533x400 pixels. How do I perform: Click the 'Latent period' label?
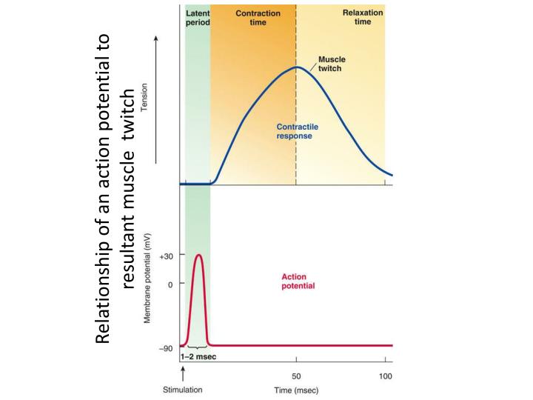click(198, 18)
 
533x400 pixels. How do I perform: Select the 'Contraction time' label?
click(258, 18)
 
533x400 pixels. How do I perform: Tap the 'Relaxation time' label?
click(363, 17)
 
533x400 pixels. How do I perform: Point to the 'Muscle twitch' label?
click(332, 64)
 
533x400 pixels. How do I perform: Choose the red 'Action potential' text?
click(298, 281)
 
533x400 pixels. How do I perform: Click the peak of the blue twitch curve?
click(297, 67)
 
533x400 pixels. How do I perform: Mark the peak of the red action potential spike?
click(199, 255)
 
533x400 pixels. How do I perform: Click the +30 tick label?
click(167, 256)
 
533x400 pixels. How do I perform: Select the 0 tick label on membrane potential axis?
click(170, 284)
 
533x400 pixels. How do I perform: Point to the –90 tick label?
click(166, 349)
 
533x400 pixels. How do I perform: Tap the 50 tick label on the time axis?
click(296, 376)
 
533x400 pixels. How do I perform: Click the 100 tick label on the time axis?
click(385, 376)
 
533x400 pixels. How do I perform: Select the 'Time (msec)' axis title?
click(296, 390)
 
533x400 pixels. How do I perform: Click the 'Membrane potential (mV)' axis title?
click(147, 279)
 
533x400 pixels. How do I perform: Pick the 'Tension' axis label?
click(144, 97)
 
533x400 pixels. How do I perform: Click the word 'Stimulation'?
click(183, 390)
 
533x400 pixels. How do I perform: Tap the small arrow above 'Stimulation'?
click(184, 373)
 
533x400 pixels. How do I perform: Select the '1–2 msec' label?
click(198, 357)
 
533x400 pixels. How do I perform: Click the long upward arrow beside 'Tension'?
click(156, 99)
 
